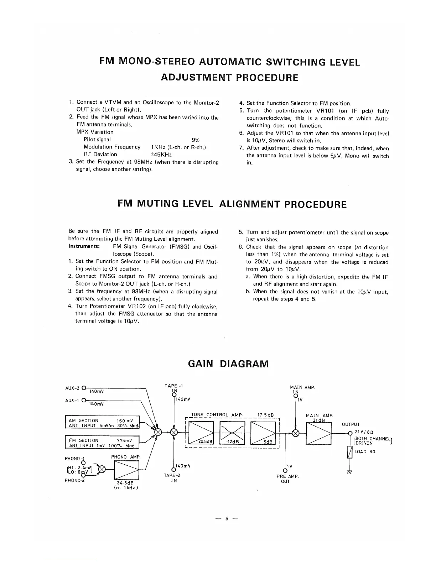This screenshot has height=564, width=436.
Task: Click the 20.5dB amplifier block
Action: click(x=201, y=432)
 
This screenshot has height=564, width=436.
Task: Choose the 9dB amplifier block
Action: click(x=264, y=432)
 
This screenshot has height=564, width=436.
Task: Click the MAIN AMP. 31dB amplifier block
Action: click(x=319, y=432)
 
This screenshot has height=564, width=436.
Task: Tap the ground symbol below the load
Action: click(x=350, y=472)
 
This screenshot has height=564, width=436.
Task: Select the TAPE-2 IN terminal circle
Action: click(x=173, y=471)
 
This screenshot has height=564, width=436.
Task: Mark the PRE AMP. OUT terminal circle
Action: click(x=285, y=471)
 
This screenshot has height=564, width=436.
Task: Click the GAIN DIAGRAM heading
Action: click(x=228, y=364)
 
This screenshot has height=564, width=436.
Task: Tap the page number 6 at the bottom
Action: click(x=227, y=519)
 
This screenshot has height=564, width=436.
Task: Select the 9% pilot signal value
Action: click(x=195, y=140)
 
